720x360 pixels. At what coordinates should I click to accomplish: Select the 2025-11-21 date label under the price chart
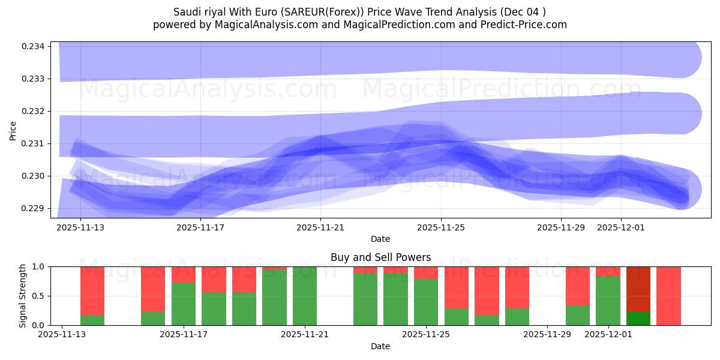pyautogui.click(x=321, y=227)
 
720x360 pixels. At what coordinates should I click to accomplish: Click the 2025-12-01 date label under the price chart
pyautogui.click(x=621, y=227)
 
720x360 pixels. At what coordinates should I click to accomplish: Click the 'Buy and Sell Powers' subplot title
pyautogui.click(x=380, y=257)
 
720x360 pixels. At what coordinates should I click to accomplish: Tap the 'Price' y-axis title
pyautogui.click(x=13, y=130)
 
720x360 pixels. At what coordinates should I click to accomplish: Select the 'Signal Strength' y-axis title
pyautogui.click(x=23, y=296)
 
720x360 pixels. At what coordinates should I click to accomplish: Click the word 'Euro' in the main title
pyautogui.click(x=269, y=12)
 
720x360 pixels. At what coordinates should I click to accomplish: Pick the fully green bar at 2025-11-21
pyautogui.click(x=305, y=296)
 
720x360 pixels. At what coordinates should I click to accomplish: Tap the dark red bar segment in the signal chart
pyautogui.click(x=638, y=289)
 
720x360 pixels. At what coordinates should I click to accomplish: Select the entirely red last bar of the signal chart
pyautogui.click(x=668, y=296)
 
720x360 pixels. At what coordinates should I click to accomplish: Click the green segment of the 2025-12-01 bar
pyautogui.click(x=608, y=301)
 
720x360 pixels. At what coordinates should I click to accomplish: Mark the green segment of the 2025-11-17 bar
pyautogui.click(x=184, y=304)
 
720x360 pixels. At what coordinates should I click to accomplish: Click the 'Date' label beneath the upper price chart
pyautogui.click(x=380, y=239)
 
